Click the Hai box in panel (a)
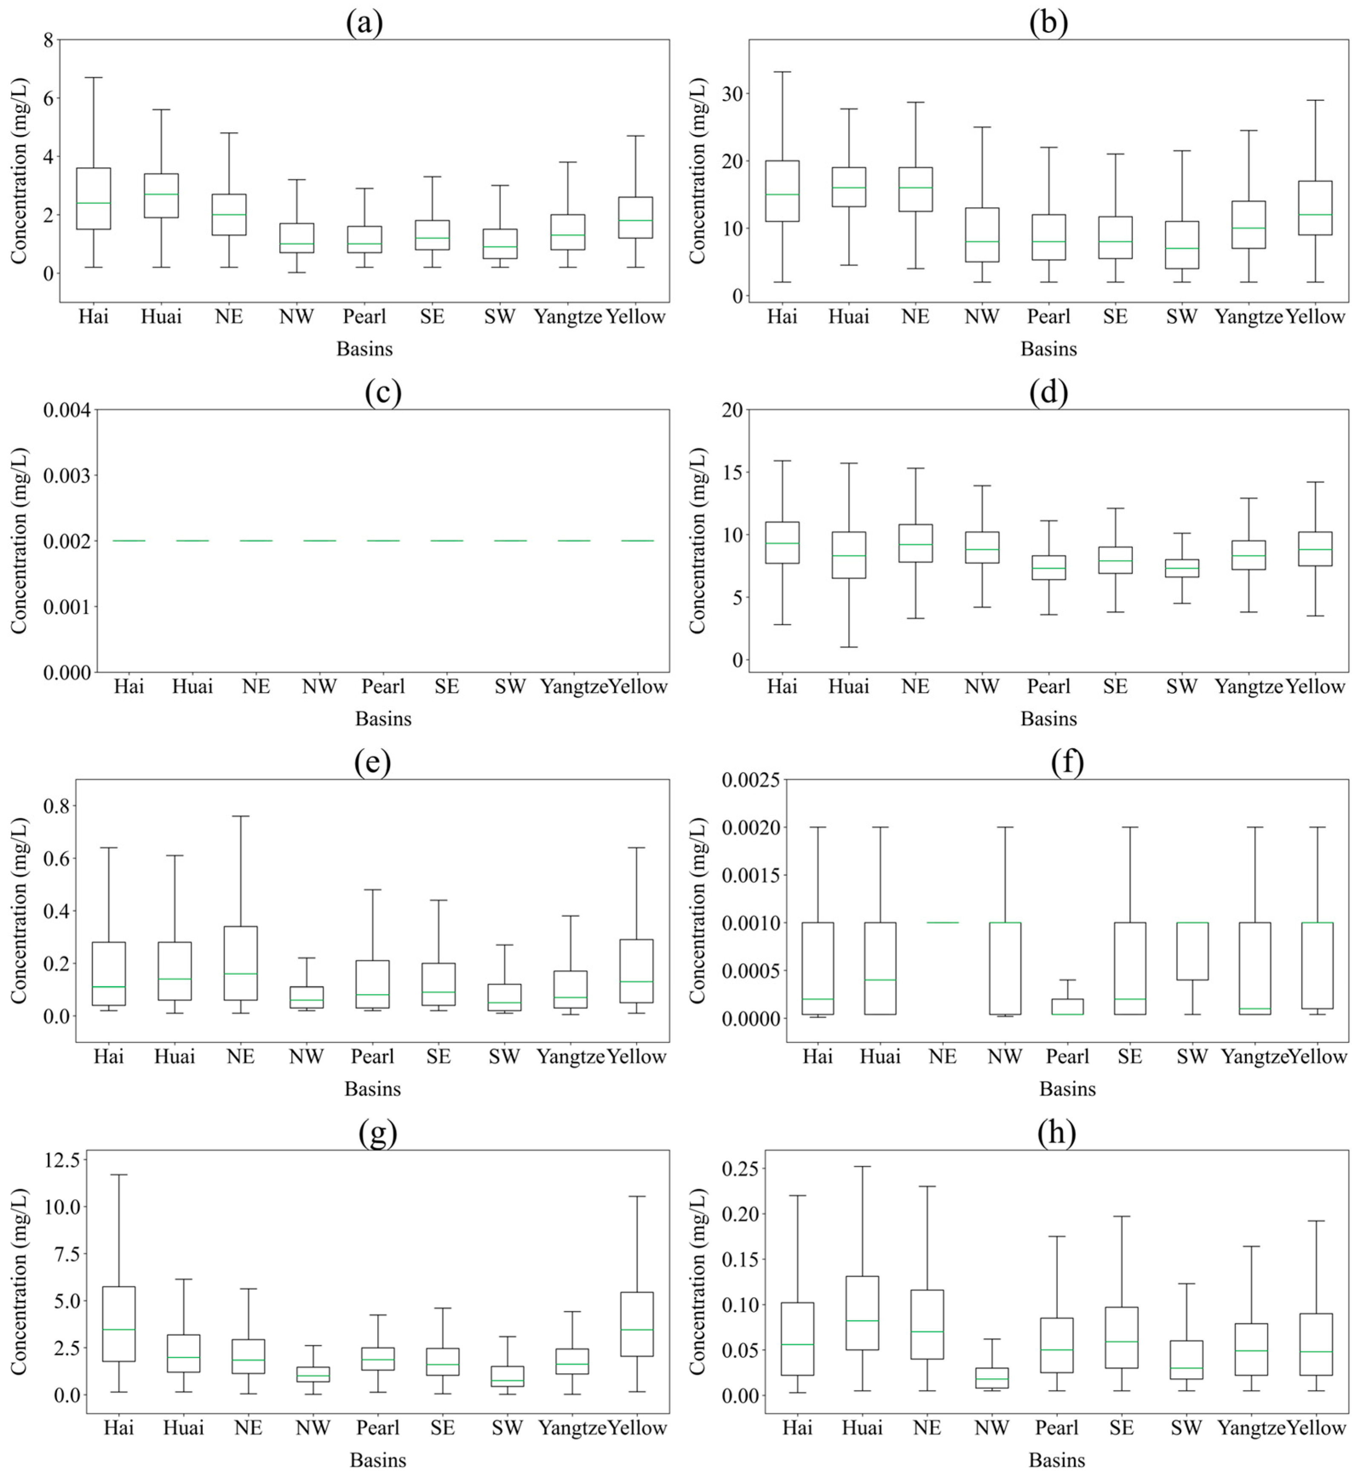93,198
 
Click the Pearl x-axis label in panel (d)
1048,686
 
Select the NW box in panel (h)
991,1378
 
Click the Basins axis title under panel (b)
1048,349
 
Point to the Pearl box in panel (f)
1067,1007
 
